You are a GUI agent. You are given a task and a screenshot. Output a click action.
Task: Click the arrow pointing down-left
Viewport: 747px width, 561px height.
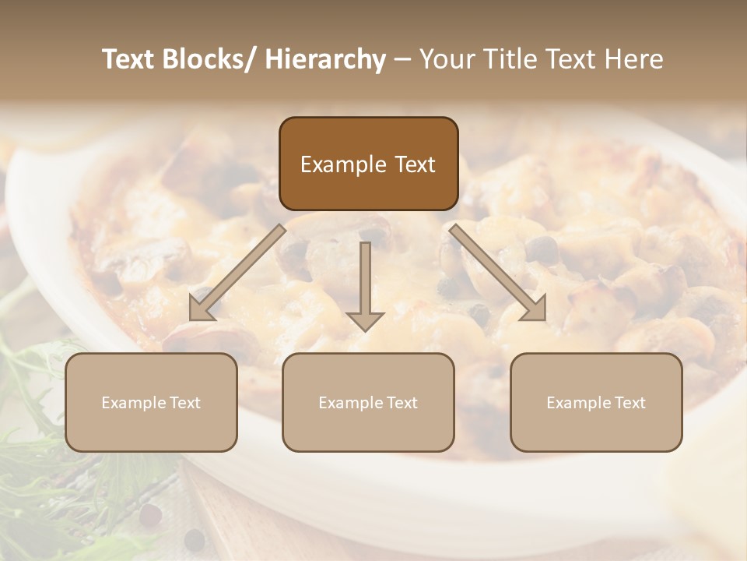[x=237, y=273]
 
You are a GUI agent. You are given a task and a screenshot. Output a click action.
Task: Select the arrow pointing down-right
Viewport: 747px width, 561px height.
[x=498, y=273]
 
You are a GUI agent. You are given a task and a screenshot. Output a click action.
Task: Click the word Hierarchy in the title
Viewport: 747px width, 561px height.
[x=325, y=59]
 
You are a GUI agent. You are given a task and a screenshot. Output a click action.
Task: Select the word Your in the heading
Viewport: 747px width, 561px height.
[x=446, y=59]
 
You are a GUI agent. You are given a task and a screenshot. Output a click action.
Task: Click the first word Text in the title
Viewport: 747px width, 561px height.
[x=128, y=59]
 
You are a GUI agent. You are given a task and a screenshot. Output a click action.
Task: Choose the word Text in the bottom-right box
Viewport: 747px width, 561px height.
[x=629, y=403]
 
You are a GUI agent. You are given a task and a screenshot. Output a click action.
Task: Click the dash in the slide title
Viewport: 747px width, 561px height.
[x=402, y=59]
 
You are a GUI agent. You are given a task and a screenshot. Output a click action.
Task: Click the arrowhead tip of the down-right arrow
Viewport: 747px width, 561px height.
[x=544, y=319]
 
